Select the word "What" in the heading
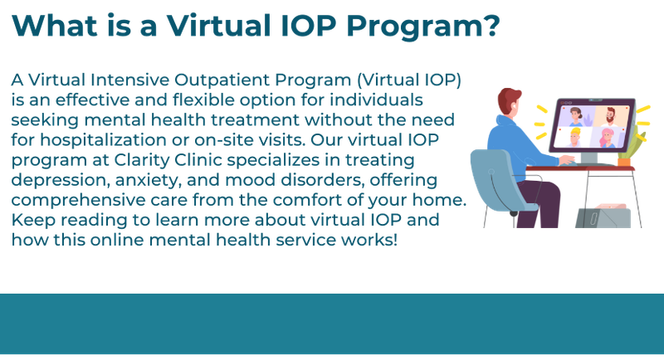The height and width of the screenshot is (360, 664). [x=52, y=25]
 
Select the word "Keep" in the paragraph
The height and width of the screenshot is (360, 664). [x=30, y=221]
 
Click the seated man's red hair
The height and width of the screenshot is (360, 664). [x=509, y=97]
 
